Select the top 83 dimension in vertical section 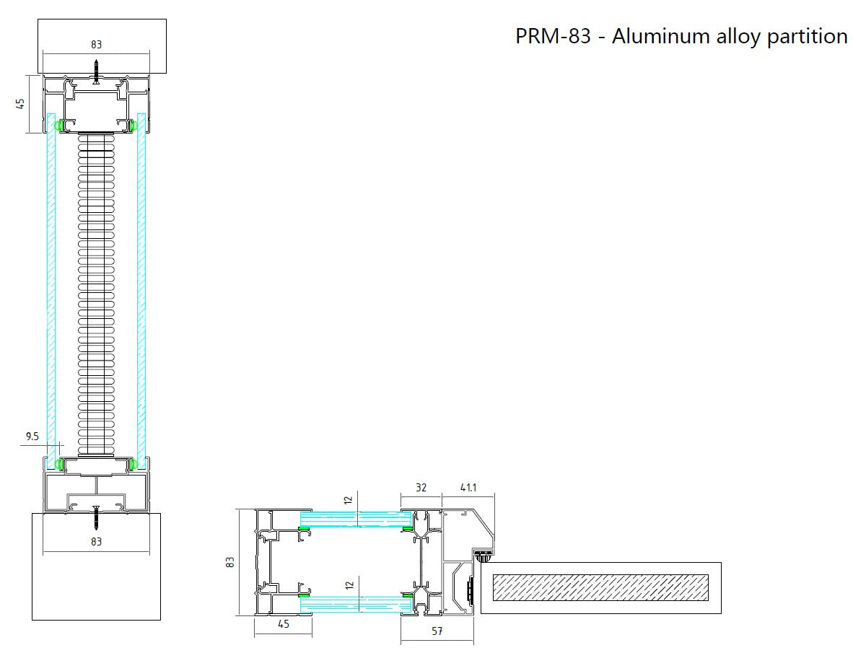tap(96, 45)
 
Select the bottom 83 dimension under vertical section tap(96, 541)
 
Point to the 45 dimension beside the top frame tap(20, 104)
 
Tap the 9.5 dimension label tap(32, 436)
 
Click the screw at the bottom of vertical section tap(96, 515)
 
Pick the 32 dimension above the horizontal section tap(421, 488)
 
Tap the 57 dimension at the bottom tap(437, 632)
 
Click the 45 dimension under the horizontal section tap(283, 624)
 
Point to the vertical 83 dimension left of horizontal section tap(230, 561)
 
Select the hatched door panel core tap(599, 588)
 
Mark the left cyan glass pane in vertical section tap(51, 289)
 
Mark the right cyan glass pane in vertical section tap(141, 289)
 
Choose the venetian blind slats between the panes tap(96, 289)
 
